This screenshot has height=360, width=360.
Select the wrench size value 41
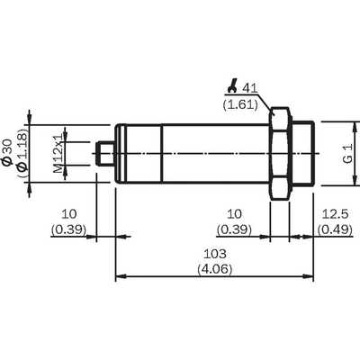(x=250, y=88)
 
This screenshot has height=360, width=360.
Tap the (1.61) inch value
(x=240, y=104)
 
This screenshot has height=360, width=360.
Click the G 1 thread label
(x=347, y=154)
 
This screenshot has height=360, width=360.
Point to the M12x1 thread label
(x=58, y=154)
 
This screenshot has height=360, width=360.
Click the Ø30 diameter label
(x=8, y=152)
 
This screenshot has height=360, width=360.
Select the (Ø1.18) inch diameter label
(x=22, y=154)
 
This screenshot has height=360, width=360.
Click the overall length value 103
(x=214, y=254)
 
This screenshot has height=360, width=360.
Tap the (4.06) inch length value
(x=215, y=269)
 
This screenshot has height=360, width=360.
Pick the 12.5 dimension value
(x=335, y=214)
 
